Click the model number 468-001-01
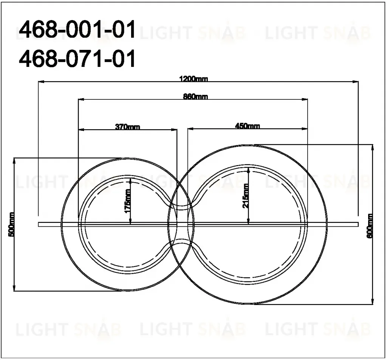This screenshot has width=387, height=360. click(x=77, y=29)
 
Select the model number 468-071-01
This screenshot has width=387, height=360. click(x=77, y=58)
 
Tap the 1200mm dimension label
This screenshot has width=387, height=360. click(x=193, y=79)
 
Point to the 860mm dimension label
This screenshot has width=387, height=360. click(x=195, y=96)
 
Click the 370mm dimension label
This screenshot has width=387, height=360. click(x=128, y=127)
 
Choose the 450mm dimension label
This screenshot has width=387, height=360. click(x=247, y=126)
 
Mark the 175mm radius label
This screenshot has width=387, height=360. click(x=127, y=201)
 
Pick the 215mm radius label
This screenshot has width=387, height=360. click(x=246, y=196)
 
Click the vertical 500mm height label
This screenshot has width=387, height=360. click(x=11, y=224)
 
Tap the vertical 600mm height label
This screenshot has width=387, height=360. click(x=370, y=226)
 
